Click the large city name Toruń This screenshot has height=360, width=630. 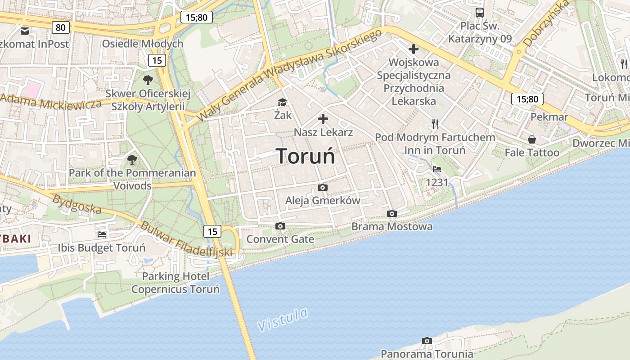click(306, 156)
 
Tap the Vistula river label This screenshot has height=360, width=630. click(283, 319)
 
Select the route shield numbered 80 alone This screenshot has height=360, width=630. click(61, 27)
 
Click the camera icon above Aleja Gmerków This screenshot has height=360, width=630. click(323, 187)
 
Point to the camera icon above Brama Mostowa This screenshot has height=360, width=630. click(392, 213)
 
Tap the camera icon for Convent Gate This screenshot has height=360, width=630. click(280, 226)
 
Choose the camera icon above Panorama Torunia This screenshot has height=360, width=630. click(427, 341)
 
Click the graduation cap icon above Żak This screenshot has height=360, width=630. click(282, 103)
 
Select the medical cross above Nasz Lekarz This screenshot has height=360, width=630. click(323, 119)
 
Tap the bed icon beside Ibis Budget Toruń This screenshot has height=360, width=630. click(102, 234)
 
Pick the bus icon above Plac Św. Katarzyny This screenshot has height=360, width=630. click(480, 13)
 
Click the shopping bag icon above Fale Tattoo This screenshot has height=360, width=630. click(532, 139)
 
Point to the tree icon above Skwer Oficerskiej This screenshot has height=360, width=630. click(148, 80)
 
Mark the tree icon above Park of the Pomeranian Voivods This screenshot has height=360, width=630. click(132, 159)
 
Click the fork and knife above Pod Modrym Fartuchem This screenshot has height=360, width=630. click(435, 124)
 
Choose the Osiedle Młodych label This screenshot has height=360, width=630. click(143, 44)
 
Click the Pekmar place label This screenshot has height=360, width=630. click(549, 117)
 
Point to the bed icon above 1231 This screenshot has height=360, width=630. click(436, 169)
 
